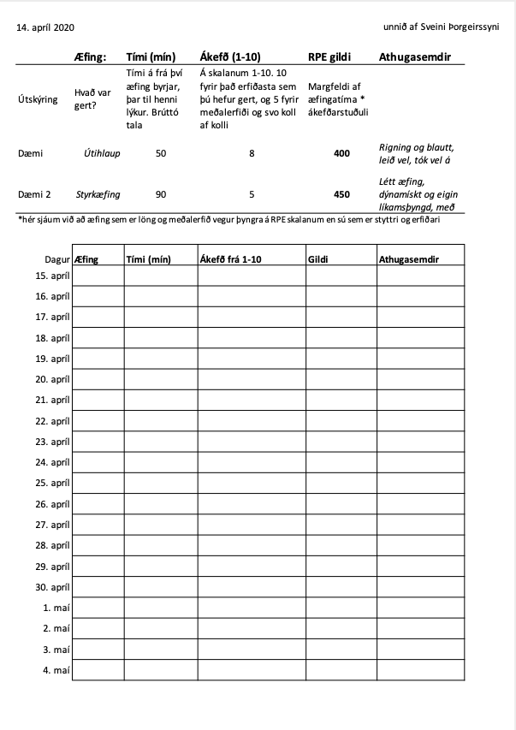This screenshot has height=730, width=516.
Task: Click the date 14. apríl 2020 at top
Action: click(x=45, y=28)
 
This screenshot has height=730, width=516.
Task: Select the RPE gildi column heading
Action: click(x=329, y=57)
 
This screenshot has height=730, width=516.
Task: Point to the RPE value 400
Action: click(x=341, y=154)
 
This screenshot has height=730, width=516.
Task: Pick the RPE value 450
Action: click(x=341, y=194)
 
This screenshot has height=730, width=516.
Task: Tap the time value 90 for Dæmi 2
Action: click(x=161, y=194)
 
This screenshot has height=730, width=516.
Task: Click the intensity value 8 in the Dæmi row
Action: click(x=252, y=154)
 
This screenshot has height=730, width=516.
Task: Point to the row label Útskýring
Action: click(x=38, y=99)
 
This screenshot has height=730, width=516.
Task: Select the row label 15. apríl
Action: click(x=52, y=276)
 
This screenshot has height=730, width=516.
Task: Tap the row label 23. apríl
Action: click(x=52, y=442)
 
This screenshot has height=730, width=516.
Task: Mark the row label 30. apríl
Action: click(x=52, y=587)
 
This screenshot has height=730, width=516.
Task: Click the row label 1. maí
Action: click(x=56, y=608)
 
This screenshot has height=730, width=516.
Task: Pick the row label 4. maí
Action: click(x=56, y=670)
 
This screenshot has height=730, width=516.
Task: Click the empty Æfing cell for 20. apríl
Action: click(x=98, y=379)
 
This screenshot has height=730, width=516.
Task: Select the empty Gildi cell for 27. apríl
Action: click(x=341, y=525)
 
